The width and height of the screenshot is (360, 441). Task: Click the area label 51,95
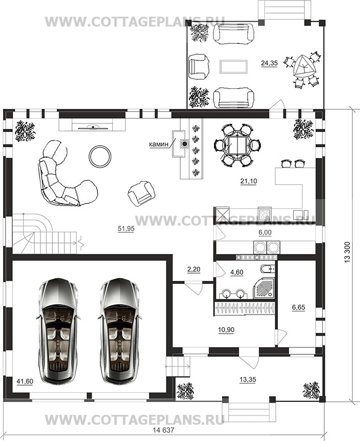[126, 229]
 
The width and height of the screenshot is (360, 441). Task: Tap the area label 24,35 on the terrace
[269, 63]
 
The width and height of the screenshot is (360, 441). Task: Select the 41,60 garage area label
[25, 382]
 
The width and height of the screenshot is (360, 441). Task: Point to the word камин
[159, 144]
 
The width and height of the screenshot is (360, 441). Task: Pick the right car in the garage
[120, 331]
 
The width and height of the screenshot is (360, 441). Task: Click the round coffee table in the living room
[100, 156]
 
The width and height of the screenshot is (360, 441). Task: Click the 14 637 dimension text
[164, 430]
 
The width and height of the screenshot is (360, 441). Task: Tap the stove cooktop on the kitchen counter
[265, 215]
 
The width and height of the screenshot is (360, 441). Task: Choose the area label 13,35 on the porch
[248, 380]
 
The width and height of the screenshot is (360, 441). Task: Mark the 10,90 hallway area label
[226, 330]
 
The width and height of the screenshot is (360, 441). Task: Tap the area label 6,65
[299, 307]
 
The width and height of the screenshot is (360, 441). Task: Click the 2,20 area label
[194, 270]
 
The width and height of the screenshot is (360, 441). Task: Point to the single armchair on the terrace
[199, 67]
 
